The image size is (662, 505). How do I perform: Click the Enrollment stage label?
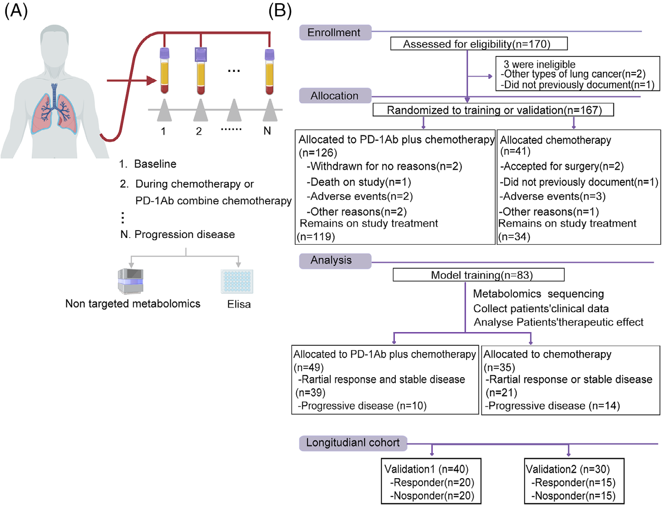335,32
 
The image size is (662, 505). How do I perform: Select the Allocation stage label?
335,96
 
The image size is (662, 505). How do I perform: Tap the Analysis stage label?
335,261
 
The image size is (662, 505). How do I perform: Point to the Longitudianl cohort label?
353,443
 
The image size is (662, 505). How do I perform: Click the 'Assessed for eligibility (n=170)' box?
479,44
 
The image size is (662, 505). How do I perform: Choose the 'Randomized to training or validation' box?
493,110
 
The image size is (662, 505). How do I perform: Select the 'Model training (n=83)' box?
479,275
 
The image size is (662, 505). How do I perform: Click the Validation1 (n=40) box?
431,481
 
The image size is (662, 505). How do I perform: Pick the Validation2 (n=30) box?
574,481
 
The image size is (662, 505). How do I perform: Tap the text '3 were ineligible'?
539,64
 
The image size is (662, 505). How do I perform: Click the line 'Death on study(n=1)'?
359,182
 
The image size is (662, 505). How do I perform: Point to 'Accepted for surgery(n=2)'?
562,166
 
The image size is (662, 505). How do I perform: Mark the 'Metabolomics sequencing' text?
538,293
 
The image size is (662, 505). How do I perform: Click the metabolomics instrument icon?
130,281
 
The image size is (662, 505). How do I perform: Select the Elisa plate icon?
237,281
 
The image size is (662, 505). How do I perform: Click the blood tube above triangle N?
269,72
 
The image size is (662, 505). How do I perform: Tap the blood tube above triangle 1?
164,71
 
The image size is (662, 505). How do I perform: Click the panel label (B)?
280,11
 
